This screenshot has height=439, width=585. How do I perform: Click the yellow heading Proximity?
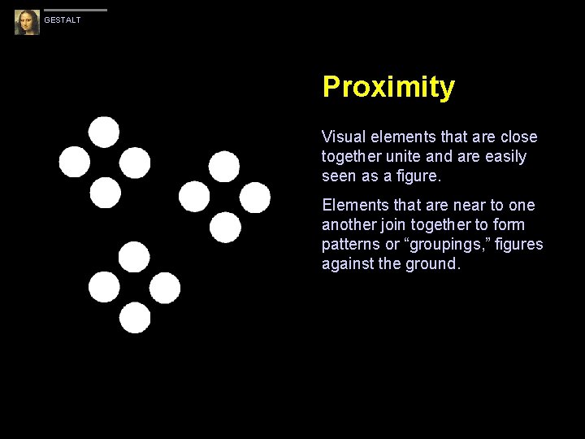click(388, 87)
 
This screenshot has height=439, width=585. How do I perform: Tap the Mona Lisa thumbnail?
click(27, 22)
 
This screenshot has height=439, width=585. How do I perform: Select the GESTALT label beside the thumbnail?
click(63, 20)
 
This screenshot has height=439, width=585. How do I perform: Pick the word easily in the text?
click(505, 156)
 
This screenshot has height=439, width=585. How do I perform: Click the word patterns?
click(351, 244)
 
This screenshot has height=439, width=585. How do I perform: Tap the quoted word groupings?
click(451, 244)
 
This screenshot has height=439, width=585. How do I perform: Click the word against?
click(348, 263)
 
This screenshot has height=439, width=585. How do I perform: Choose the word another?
click(350, 224)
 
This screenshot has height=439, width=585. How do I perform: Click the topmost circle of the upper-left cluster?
click(104, 132)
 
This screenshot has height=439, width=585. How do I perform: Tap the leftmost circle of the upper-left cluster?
click(75, 162)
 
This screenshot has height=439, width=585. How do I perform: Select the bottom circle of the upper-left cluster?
click(105, 193)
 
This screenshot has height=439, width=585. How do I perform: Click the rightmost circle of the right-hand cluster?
click(255, 197)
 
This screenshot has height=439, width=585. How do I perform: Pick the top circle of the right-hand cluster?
click(224, 167)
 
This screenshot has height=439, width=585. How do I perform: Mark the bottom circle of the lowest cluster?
click(135, 317)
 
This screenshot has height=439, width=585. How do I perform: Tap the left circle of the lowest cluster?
click(104, 287)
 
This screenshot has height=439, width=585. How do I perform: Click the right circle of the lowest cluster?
click(165, 287)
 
